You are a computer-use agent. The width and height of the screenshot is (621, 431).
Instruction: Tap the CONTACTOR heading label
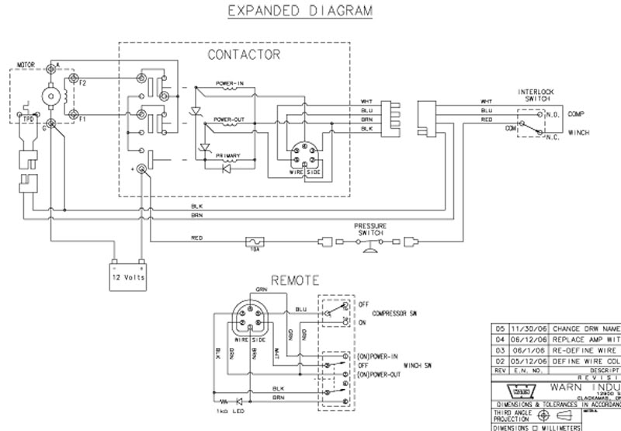coord(244,55)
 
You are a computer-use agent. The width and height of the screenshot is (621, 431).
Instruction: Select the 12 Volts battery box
coord(128,275)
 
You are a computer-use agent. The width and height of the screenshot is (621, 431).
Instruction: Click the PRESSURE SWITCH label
coord(372,230)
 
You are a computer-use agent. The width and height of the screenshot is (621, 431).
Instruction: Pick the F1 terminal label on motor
coord(82,120)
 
